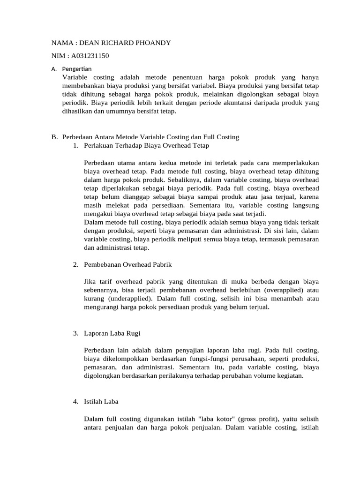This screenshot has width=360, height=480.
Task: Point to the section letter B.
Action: [x=53, y=137]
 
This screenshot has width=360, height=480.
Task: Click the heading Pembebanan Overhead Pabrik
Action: [x=128, y=264]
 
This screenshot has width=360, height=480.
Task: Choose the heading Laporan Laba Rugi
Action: [x=112, y=333]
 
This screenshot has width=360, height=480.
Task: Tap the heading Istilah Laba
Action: [x=101, y=401]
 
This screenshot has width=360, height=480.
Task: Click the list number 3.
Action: [x=75, y=333]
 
